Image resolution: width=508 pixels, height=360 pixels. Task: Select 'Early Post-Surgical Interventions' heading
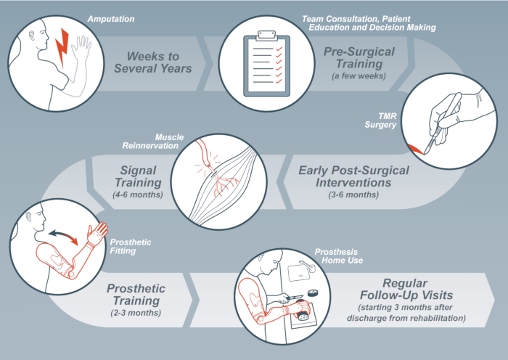354,176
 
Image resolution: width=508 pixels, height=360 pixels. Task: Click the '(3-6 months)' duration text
354,195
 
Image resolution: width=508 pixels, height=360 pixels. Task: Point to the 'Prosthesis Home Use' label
336,256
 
